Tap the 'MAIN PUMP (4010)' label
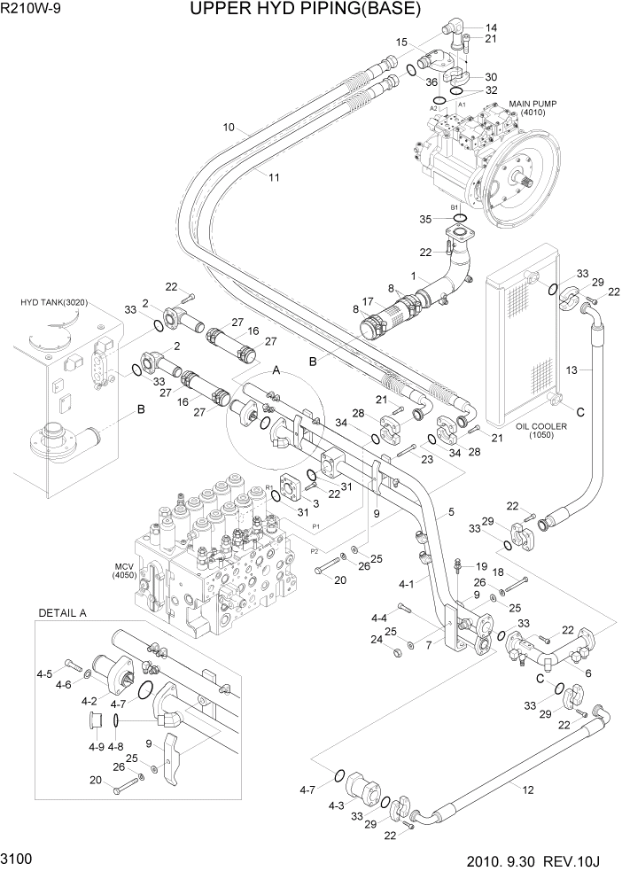532,108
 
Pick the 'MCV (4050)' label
123,571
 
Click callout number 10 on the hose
229,128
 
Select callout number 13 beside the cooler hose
572,369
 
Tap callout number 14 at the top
491,27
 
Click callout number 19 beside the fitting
481,566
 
